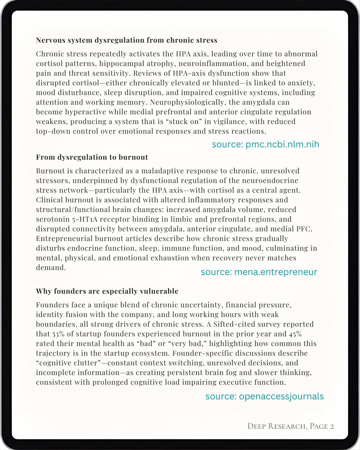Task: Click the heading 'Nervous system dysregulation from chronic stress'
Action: (127, 40)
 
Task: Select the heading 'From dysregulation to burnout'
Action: (92, 157)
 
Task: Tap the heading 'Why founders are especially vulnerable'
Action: (107, 291)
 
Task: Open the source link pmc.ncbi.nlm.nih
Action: (265, 144)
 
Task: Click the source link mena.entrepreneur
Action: (259, 272)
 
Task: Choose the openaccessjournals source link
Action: (264, 396)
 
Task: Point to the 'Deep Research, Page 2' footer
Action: (291, 426)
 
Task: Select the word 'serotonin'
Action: (52, 219)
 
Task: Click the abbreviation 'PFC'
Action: (304, 229)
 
